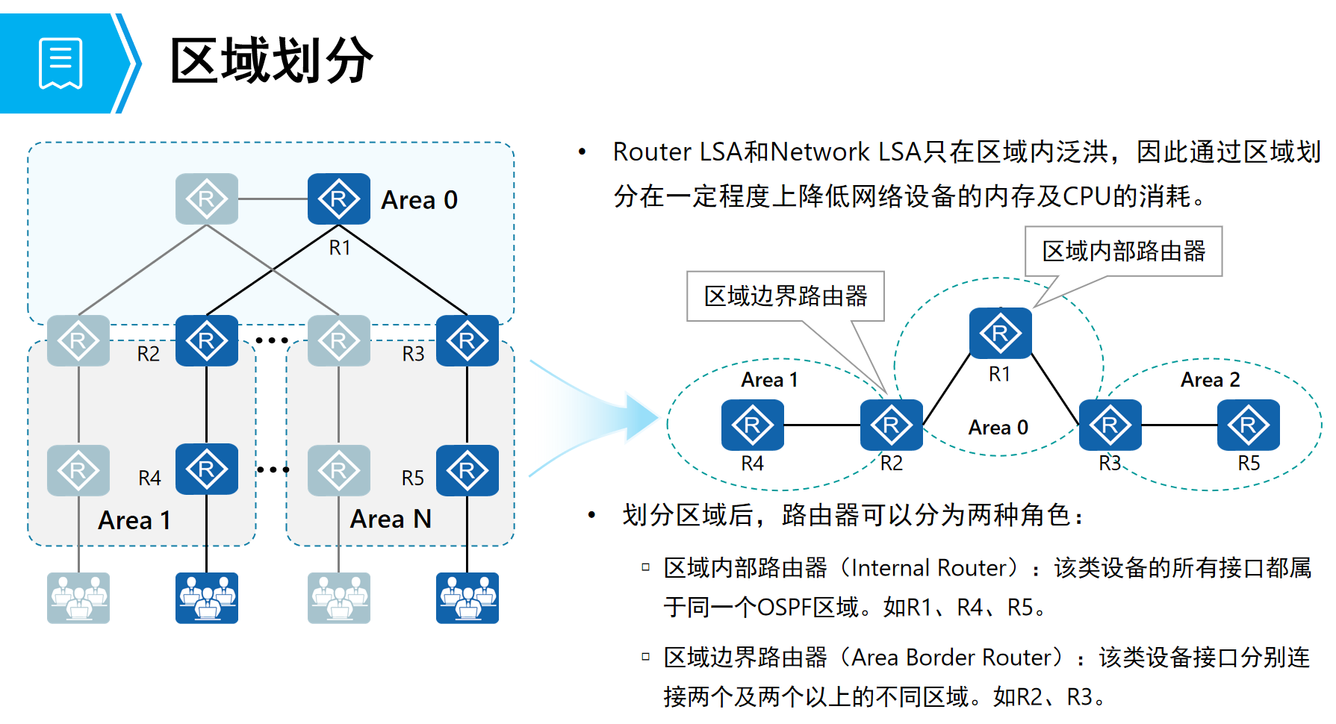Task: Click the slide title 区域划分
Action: [x=272, y=60]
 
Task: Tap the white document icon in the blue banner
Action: [x=60, y=63]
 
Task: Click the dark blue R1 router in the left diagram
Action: [x=339, y=199]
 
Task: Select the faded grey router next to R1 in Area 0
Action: [x=207, y=199]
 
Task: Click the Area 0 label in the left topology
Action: [x=419, y=200]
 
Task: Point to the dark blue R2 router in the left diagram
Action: [x=207, y=341]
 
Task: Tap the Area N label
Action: [x=391, y=519]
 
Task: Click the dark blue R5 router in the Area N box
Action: [x=467, y=471]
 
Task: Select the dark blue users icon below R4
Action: [x=207, y=598]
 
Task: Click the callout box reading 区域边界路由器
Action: [x=785, y=296]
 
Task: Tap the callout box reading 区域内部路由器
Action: [x=1123, y=252]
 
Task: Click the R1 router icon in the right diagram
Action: [x=1001, y=334]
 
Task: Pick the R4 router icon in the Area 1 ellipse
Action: [x=753, y=425]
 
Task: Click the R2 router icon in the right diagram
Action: [x=892, y=425]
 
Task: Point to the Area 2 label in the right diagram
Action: [x=1210, y=380]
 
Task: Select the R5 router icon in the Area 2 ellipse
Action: [x=1249, y=425]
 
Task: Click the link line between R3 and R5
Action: [x=1180, y=425]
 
